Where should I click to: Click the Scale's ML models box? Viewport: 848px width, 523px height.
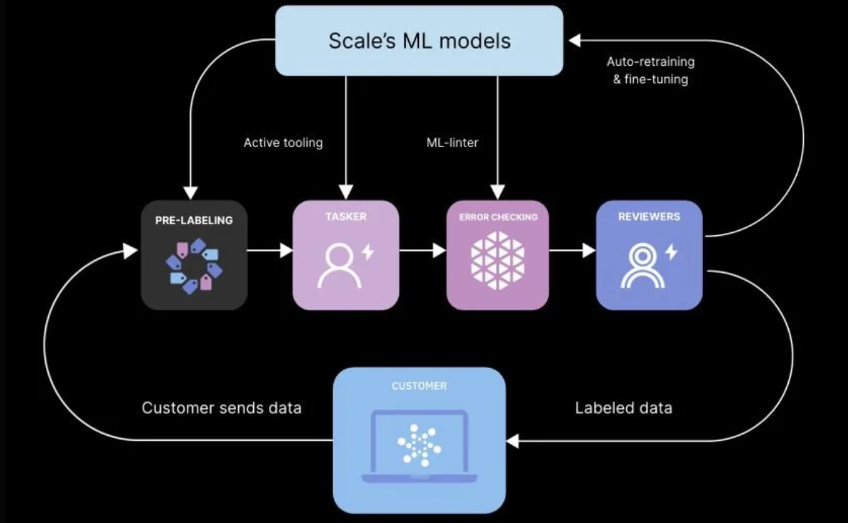pos(419,40)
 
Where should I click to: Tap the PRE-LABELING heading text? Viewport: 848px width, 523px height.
pos(194,220)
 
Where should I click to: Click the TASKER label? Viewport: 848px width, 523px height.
pos(345,216)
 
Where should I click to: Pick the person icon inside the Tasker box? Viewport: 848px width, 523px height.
pos(340,265)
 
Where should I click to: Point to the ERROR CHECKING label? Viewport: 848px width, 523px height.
pos(498,217)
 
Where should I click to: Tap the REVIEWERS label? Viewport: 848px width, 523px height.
pos(649,216)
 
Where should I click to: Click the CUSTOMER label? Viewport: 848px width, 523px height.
pos(419,386)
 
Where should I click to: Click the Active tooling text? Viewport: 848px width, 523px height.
pos(283,143)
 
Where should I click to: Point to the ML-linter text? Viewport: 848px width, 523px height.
pos(452,143)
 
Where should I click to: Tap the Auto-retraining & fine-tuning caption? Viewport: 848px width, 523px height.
pos(650,71)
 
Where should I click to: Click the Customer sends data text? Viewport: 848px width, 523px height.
pos(221,408)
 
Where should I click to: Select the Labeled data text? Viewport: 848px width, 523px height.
pos(623,408)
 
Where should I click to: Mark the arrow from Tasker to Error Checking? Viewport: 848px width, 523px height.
pos(423,251)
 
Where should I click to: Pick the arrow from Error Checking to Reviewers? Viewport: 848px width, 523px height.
pos(573,251)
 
